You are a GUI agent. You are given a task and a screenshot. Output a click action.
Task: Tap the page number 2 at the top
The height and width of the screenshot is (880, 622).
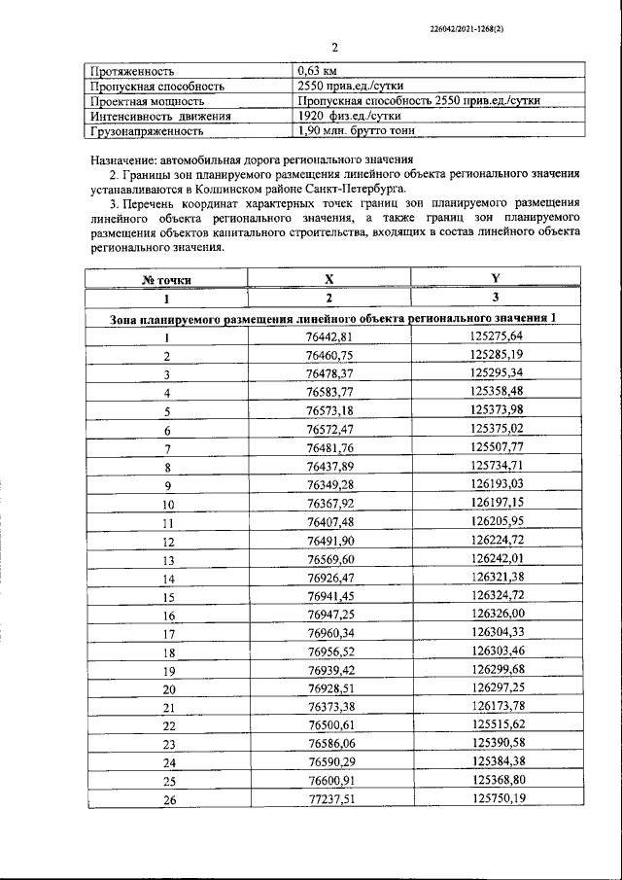pos(333,48)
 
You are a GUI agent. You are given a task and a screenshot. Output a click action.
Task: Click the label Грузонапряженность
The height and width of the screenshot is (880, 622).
pos(147,130)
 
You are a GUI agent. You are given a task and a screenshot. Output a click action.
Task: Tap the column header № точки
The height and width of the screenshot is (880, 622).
pos(166,280)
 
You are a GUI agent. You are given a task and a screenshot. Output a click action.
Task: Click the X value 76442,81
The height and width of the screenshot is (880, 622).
pos(328,337)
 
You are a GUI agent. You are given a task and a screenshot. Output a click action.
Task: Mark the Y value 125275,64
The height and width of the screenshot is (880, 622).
pos(496,337)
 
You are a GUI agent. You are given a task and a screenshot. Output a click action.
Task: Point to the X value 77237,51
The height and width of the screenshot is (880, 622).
pos(328,799)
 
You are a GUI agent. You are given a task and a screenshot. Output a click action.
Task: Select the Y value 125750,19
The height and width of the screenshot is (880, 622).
pos(496,799)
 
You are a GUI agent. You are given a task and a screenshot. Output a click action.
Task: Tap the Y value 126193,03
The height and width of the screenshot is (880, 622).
pos(496,485)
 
